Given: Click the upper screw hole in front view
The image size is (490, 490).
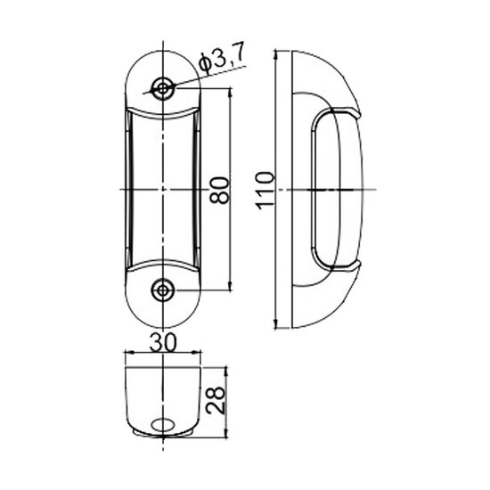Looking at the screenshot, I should pyautogui.click(x=163, y=87).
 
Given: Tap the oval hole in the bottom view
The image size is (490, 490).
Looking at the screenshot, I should pyautogui.click(x=163, y=426).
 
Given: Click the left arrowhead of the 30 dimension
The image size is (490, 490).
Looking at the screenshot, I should pyautogui.click(x=127, y=354).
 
